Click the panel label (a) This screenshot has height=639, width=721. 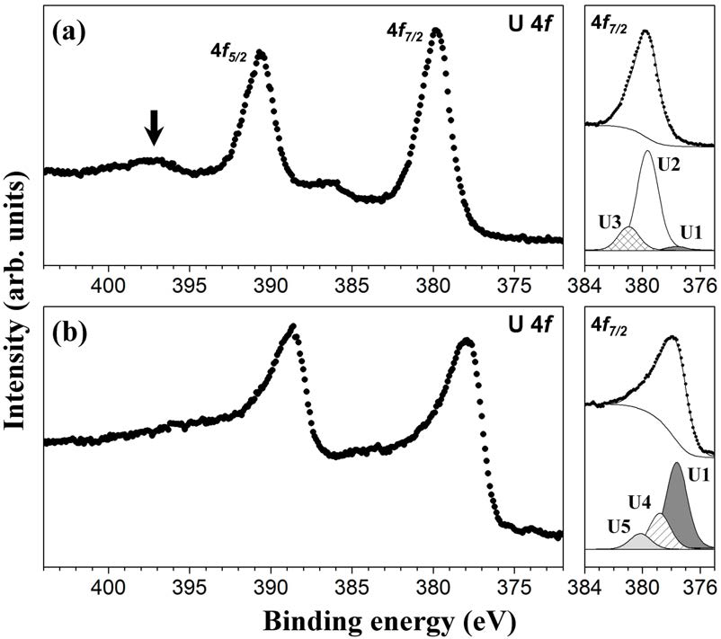click(x=70, y=33)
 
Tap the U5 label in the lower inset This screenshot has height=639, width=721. click(x=610, y=523)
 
